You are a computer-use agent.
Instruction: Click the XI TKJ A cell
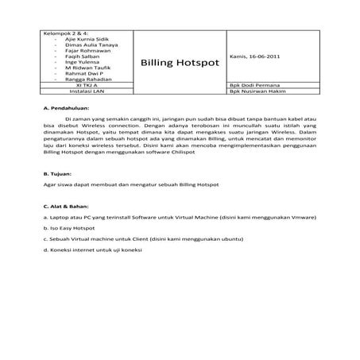83,88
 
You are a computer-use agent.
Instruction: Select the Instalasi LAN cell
83,95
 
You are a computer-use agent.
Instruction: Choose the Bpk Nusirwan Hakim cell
257,95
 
